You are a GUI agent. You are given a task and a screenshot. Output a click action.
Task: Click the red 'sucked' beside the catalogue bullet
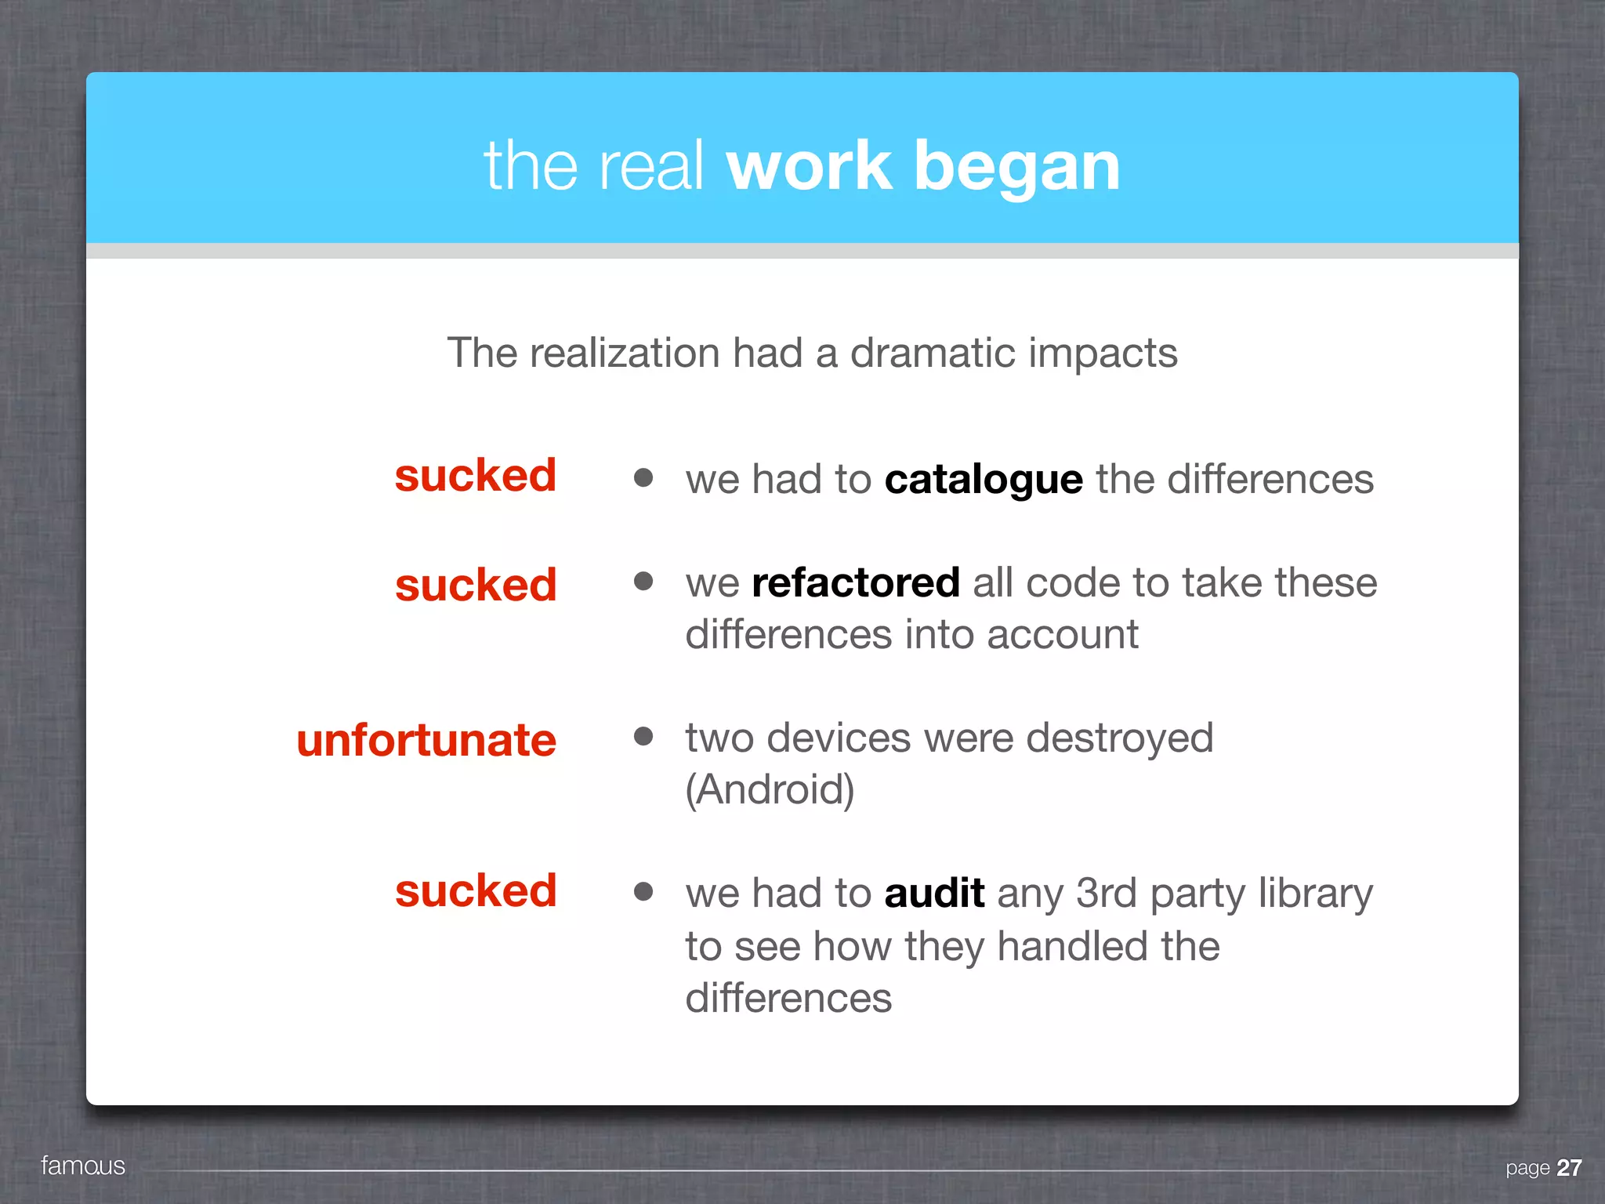(476, 475)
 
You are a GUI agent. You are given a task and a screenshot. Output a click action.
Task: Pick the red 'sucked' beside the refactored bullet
(476, 585)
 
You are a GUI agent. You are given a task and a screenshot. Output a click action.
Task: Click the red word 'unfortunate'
(426, 740)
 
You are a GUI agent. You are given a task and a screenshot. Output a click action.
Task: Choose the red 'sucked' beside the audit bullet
(476, 890)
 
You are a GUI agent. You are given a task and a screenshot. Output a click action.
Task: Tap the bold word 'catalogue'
(984, 479)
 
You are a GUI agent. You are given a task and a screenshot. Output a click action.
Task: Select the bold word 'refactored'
(856, 582)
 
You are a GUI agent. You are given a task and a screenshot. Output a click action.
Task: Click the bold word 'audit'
(934, 893)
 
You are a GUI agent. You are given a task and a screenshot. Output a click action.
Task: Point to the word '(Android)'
(770, 789)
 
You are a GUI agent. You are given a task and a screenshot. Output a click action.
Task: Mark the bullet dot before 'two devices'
(643, 735)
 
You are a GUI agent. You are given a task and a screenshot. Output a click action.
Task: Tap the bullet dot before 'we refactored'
(643, 581)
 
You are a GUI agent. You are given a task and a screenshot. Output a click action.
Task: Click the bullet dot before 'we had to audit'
(643, 890)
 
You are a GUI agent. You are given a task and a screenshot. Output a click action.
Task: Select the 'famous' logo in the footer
(83, 1166)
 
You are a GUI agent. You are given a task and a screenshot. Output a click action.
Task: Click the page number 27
(1569, 1168)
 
